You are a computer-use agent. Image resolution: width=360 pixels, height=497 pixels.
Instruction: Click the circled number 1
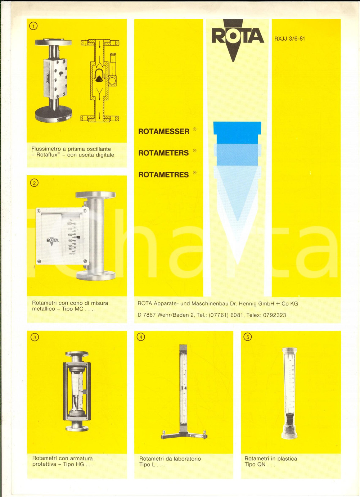point(33,26)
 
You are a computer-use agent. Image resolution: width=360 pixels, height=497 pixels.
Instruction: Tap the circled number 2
point(34,183)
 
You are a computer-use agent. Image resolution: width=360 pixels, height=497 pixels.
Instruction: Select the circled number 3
point(35,337)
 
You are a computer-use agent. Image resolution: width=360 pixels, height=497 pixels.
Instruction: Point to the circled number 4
point(141,337)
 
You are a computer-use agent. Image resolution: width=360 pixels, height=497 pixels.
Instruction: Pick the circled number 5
point(248,337)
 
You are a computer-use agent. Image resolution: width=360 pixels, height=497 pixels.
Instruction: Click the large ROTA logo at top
point(237,36)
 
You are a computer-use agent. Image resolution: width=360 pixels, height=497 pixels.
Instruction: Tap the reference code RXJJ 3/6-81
point(289,39)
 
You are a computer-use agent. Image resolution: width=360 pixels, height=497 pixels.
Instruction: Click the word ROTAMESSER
point(164,132)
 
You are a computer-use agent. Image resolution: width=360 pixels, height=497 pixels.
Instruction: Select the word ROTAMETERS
point(163,153)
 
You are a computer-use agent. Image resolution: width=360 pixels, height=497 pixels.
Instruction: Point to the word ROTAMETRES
point(163,175)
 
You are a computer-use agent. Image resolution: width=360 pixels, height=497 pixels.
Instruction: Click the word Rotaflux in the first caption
point(47,155)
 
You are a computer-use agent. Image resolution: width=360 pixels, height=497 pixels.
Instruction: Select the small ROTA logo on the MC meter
point(53,240)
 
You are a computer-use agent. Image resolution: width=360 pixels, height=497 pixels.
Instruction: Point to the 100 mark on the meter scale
point(69,223)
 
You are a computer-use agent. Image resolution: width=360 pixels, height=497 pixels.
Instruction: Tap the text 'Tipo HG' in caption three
point(73,464)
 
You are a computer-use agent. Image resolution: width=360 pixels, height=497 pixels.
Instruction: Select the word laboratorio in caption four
point(183,459)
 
